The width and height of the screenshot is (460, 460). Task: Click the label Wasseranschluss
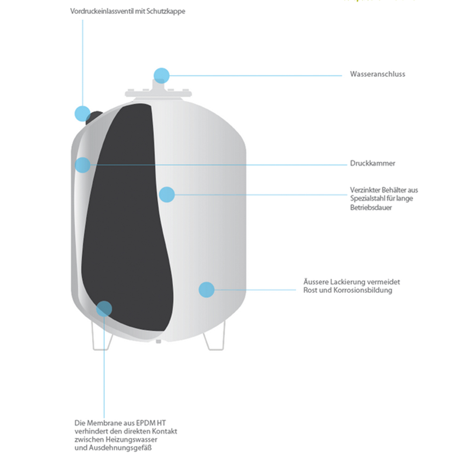point(377,74)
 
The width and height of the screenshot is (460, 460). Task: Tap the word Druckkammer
point(372,163)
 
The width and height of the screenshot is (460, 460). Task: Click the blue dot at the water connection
point(161,75)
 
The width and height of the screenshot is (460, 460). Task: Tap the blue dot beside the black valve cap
point(82,113)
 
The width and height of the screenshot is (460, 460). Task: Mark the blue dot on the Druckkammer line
point(82,165)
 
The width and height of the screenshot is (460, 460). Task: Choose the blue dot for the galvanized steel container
point(167,194)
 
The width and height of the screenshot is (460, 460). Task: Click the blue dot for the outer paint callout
point(207,289)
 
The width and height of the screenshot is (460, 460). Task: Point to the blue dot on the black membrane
point(104,309)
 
